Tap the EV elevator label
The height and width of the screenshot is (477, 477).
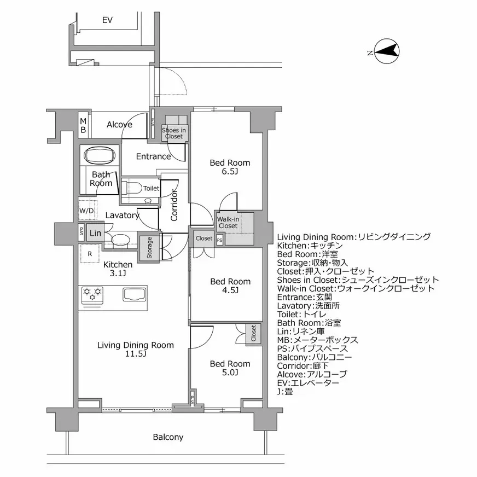click(x=107, y=20)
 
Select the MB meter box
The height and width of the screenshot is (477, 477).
click(x=83, y=125)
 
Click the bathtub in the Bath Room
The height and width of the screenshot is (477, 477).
click(x=100, y=155)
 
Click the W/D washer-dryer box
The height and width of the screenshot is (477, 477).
click(x=86, y=211)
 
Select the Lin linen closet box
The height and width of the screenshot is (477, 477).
click(x=95, y=233)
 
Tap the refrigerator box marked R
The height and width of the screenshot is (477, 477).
click(x=89, y=253)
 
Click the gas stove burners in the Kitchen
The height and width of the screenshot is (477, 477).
click(x=92, y=295)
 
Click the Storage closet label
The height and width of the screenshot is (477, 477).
click(x=149, y=248)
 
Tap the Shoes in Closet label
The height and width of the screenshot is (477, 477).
click(x=174, y=133)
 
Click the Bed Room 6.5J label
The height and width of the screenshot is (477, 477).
click(x=230, y=167)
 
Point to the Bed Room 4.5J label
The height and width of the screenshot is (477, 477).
click(x=230, y=286)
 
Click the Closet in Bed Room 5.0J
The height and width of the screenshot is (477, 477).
click(x=253, y=334)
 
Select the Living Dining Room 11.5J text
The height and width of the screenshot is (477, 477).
click(x=135, y=349)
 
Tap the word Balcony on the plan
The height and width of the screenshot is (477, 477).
click(x=168, y=437)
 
